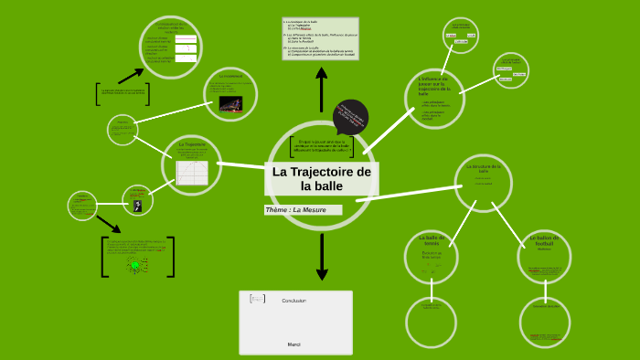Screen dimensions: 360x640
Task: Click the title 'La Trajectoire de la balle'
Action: (321, 178)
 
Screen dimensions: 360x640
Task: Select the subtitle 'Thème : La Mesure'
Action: (302, 210)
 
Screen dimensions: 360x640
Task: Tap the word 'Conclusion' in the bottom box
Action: (293, 301)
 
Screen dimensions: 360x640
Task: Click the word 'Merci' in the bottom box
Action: (293, 344)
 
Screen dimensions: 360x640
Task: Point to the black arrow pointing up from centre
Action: (321, 91)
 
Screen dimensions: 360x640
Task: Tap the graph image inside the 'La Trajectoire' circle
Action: (192, 171)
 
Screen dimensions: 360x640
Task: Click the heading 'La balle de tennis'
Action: (431, 240)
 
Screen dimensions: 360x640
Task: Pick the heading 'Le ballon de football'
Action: (545, 241)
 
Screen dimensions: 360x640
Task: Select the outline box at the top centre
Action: (320, 38)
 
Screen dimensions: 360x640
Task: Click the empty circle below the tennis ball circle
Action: (431, 322)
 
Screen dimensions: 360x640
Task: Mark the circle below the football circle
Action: (546, 322)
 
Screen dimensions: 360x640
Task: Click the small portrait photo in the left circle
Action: (137, 206)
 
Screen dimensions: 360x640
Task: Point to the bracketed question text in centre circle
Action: (321, 146)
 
